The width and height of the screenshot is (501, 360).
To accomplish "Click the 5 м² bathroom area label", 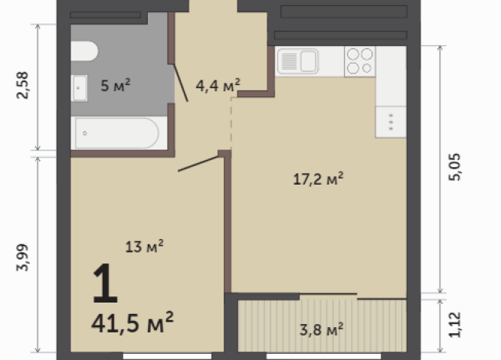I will [116, 84].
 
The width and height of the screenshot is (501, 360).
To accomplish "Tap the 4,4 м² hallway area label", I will [218, 84].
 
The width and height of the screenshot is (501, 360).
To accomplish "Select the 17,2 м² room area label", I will [318, 178].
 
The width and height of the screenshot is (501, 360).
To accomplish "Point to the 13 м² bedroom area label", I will [145, 246].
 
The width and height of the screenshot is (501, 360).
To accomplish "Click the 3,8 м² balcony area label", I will [320, 330].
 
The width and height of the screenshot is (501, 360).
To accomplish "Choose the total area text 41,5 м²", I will [132, 319].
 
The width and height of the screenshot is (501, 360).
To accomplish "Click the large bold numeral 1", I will [105, 284].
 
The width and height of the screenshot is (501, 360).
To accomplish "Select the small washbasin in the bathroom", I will [80, 87].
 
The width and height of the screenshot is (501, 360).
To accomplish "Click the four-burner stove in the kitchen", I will [359, 61].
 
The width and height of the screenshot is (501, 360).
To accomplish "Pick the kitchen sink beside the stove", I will [298, 61].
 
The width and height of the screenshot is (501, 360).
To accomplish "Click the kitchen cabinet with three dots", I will [390, 122].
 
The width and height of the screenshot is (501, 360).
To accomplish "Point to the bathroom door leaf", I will [180, 83].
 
